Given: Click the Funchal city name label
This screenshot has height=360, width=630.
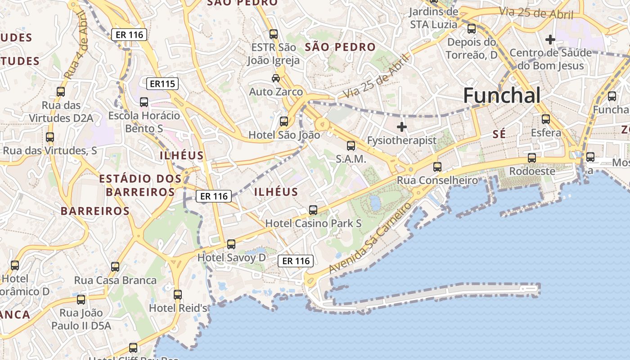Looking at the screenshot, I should [502, 96].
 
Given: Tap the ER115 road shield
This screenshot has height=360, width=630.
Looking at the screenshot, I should [162, 83].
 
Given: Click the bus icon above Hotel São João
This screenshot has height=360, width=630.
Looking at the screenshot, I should [284, 121].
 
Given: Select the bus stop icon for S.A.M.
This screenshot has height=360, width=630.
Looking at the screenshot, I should [351, 146].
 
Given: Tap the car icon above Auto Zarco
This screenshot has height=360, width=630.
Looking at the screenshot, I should [276, 78].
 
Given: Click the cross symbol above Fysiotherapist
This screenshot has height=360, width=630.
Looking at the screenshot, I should [402, 127].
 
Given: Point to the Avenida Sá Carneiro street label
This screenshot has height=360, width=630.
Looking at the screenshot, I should [370, 238].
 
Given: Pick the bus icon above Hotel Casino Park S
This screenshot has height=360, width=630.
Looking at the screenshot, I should [313, 210].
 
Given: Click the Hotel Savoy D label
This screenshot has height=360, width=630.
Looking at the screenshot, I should [232, 258].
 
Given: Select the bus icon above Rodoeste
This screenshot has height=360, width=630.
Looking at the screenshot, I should [532, 158].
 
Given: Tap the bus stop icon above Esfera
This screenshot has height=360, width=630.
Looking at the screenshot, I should [546, 119].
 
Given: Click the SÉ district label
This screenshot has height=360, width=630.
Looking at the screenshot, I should [499, 134].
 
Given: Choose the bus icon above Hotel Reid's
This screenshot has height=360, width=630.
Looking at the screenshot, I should [178, 295].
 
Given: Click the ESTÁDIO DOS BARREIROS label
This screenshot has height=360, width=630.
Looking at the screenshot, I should [140, 185].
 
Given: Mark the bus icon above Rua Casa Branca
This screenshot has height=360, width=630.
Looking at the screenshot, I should [115, 267].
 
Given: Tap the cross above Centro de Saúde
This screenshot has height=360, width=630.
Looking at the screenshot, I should [550, 40].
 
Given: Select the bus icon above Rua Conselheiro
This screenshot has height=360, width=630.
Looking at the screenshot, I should [437, 167].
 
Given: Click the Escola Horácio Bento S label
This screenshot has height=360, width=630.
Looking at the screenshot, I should [144, 122].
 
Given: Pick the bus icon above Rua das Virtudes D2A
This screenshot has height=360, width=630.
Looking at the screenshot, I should [61, 92].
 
